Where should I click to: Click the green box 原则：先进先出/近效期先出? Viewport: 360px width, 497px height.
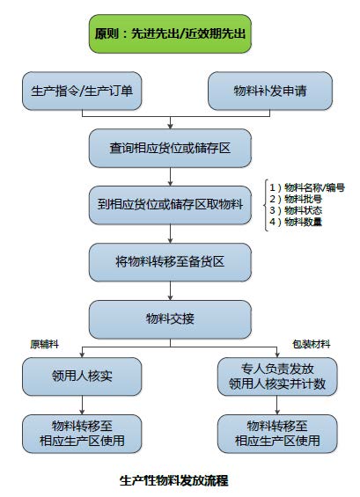point(170,33)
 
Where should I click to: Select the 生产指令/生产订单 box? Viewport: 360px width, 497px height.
point(82,91)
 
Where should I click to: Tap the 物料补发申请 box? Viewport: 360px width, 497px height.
point(270,91)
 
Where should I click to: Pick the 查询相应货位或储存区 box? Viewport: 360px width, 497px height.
point(170,148)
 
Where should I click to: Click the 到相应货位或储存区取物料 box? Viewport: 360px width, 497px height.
point(170,205)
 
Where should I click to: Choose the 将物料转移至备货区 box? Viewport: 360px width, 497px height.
point(170,262)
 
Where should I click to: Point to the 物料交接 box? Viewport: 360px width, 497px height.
point(170,319)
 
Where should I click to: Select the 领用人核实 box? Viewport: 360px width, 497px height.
point(82,376)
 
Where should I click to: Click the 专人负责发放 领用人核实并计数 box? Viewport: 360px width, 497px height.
point(277,376)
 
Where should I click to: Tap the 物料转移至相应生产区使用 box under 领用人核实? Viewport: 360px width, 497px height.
point(82,434)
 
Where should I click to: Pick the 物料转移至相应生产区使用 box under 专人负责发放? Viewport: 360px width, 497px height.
point(277,434)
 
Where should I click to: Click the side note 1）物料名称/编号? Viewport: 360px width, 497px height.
point(307,187)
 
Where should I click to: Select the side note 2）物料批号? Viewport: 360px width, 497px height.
point(296,199)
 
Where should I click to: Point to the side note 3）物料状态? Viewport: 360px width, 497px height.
point(296,210)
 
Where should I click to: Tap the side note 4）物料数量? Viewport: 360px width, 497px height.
point(296,222)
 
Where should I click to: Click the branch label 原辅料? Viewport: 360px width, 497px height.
point(44,344)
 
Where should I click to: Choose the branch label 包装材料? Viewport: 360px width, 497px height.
point(312,344)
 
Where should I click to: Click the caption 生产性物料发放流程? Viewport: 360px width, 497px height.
point(173,481)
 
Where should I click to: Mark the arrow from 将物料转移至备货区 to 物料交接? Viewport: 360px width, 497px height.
point(171,290)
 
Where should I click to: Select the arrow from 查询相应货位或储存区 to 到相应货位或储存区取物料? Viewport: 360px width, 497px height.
point(171,177)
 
